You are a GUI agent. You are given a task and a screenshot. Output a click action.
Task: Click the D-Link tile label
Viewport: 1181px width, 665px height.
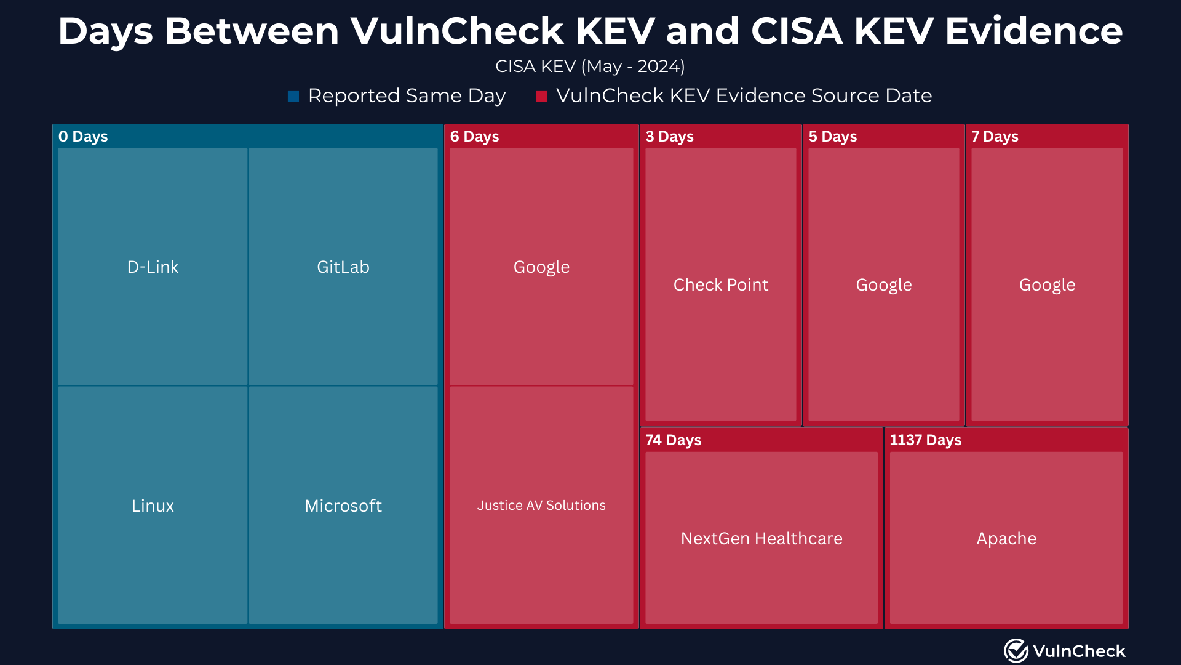(153, 267)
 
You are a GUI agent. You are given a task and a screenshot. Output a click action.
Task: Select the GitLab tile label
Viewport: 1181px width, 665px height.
(343, 267)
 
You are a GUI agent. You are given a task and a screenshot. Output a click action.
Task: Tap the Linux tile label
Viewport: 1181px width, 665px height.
(153, 506)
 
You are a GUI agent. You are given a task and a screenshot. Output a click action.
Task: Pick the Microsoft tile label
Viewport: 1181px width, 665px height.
(343, 506)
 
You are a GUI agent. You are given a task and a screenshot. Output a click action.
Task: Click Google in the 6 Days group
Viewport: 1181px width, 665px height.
(541, 267)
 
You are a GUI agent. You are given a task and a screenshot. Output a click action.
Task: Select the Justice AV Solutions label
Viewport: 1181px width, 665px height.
(541, 505)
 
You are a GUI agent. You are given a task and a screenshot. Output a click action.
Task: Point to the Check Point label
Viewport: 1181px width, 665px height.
(720, 284)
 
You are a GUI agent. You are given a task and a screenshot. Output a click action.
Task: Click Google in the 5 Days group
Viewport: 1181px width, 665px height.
(883, 284)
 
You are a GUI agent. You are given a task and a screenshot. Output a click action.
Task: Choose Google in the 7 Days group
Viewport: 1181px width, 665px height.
(1047, 284)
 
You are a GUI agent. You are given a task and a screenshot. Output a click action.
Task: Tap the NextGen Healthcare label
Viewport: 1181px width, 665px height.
(761, 538)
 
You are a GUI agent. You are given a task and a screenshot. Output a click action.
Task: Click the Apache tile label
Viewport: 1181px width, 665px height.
(1006, 538)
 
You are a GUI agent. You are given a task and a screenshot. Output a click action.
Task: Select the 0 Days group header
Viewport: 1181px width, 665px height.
(83, 136)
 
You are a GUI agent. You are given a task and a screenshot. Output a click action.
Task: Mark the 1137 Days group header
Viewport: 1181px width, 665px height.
(925, 440)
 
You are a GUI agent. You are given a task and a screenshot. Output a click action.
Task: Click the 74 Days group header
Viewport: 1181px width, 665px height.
(673, 440)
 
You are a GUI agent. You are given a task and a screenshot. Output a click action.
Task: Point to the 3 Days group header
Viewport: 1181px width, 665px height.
(669, 136)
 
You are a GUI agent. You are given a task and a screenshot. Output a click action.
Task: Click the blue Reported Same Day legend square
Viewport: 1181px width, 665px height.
(293, 96)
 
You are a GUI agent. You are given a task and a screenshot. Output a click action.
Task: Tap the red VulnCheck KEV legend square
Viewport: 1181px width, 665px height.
(541, 96)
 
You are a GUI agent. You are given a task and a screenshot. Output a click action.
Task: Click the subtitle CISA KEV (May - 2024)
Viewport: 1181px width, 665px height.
(590, 66)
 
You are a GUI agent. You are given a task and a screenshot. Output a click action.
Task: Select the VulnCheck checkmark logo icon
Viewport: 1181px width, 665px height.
(1016, 650)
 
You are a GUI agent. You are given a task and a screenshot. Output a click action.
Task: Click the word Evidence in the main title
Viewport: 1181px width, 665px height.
(1033, 31)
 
